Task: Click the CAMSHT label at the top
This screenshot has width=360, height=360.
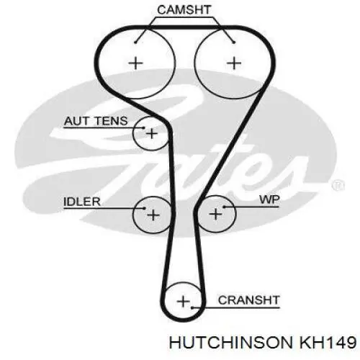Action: tap(184, 10)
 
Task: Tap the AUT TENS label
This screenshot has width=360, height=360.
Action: tap(96, 121)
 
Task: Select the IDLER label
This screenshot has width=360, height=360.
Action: tap(82, 202)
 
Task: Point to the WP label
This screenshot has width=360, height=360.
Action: tap(269, 199)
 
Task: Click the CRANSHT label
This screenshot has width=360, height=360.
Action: tap(249, 300)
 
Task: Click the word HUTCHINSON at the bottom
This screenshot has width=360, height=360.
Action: tap(231, 342)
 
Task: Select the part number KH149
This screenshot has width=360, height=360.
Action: tap(327, 342)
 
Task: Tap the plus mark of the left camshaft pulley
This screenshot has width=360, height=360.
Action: tap(136, 63)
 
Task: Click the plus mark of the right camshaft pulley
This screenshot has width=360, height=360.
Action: tap(234, 63)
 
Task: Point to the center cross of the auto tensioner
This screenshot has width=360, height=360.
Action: tap(152, 133)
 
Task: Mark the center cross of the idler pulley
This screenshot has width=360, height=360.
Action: tap(153, 215)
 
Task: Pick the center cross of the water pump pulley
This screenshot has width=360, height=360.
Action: tap(215, 214)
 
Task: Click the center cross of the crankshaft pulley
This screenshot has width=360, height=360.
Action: tap(183, 302)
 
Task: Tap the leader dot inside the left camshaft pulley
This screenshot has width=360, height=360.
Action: tap(135, 42)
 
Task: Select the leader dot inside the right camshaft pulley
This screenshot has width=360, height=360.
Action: tap(234, 42)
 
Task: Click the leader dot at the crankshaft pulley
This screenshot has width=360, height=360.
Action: tap(192, 307)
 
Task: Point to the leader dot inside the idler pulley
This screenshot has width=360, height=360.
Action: tap(144, 208)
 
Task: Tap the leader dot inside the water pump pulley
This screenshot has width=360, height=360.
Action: tap(224, 207)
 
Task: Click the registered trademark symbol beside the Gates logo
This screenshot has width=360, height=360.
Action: tap(338, 186)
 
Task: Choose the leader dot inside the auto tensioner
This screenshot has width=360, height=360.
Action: tap(144, 127)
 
